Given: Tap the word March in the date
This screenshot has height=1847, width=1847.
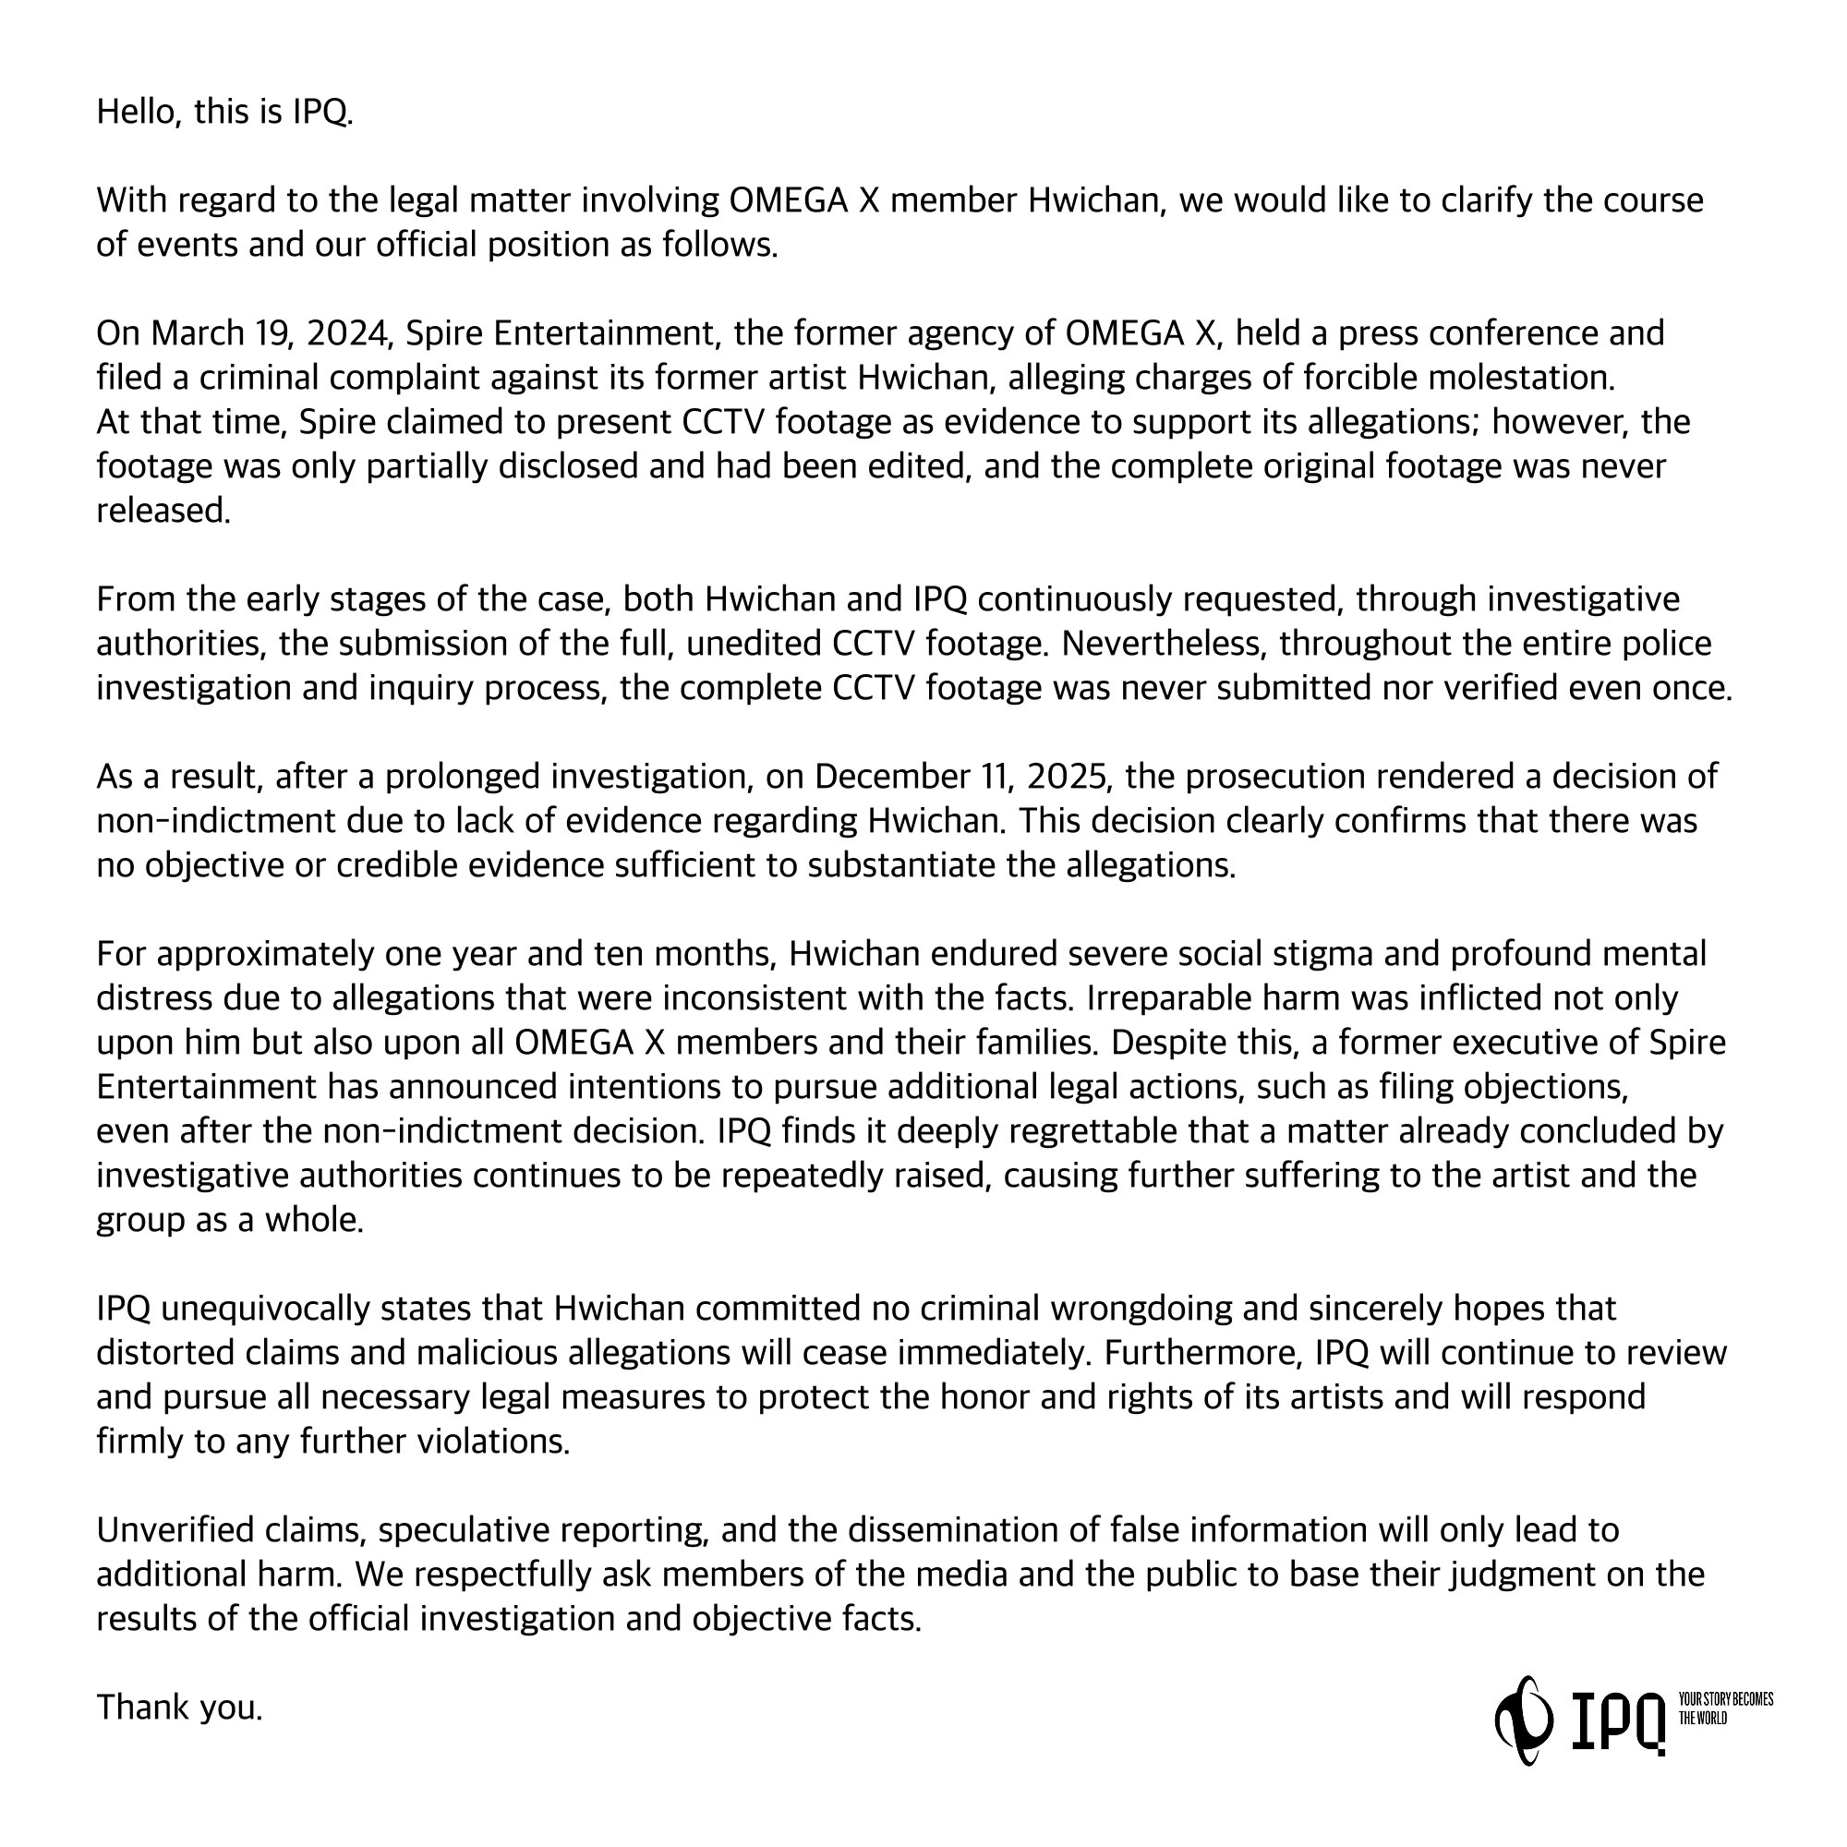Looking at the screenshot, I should click(x=195, y=332).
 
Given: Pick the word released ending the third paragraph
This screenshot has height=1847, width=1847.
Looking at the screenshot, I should click(x=163, y=511).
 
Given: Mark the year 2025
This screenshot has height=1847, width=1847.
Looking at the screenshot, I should click(x=1068, y=777).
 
